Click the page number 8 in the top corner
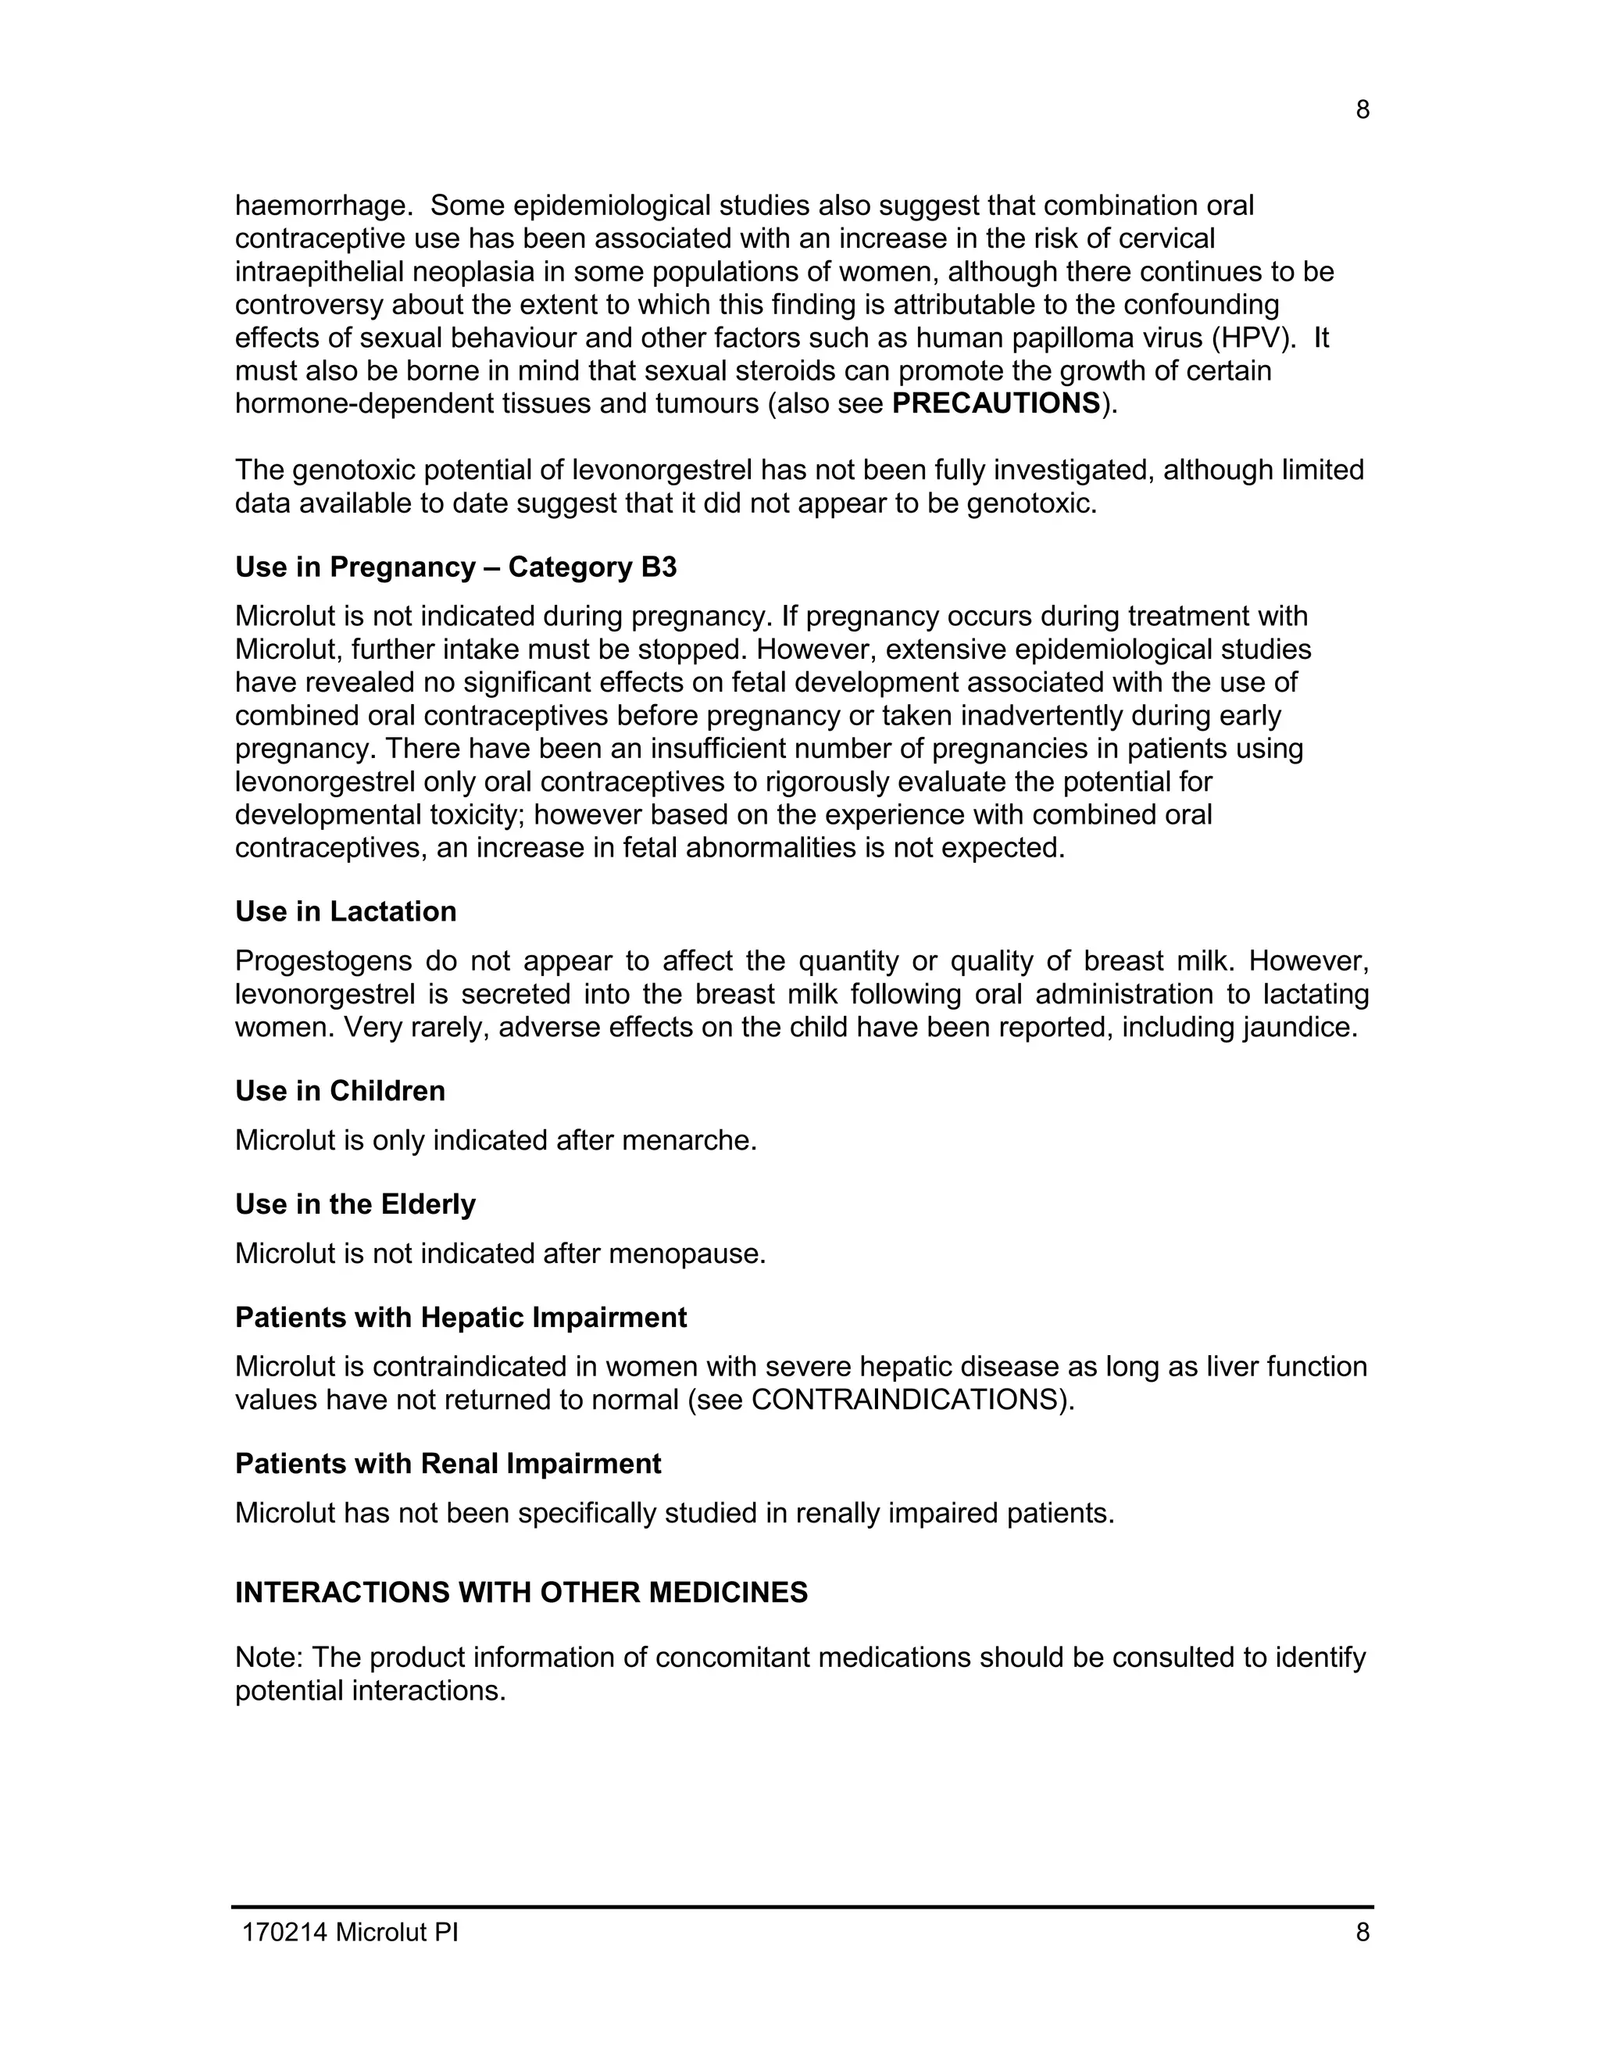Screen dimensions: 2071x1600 pos(1362,111)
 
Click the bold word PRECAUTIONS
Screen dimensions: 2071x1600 pos(996,404)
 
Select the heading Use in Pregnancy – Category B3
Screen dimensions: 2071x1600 pos(456,567)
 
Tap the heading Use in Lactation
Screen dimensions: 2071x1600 pos(346,912)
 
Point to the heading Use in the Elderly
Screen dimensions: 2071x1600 pos(355,1204)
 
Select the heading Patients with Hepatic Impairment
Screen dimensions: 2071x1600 pos(461,1318)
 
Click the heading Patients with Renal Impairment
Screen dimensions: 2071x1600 pos(448,1464)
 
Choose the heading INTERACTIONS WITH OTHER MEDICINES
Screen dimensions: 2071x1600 pos(521,1593)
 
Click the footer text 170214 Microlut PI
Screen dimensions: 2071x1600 pos(350,1933)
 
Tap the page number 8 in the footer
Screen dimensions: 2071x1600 pos(1362,1933)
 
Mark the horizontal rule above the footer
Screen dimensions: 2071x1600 pos(802,1907)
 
